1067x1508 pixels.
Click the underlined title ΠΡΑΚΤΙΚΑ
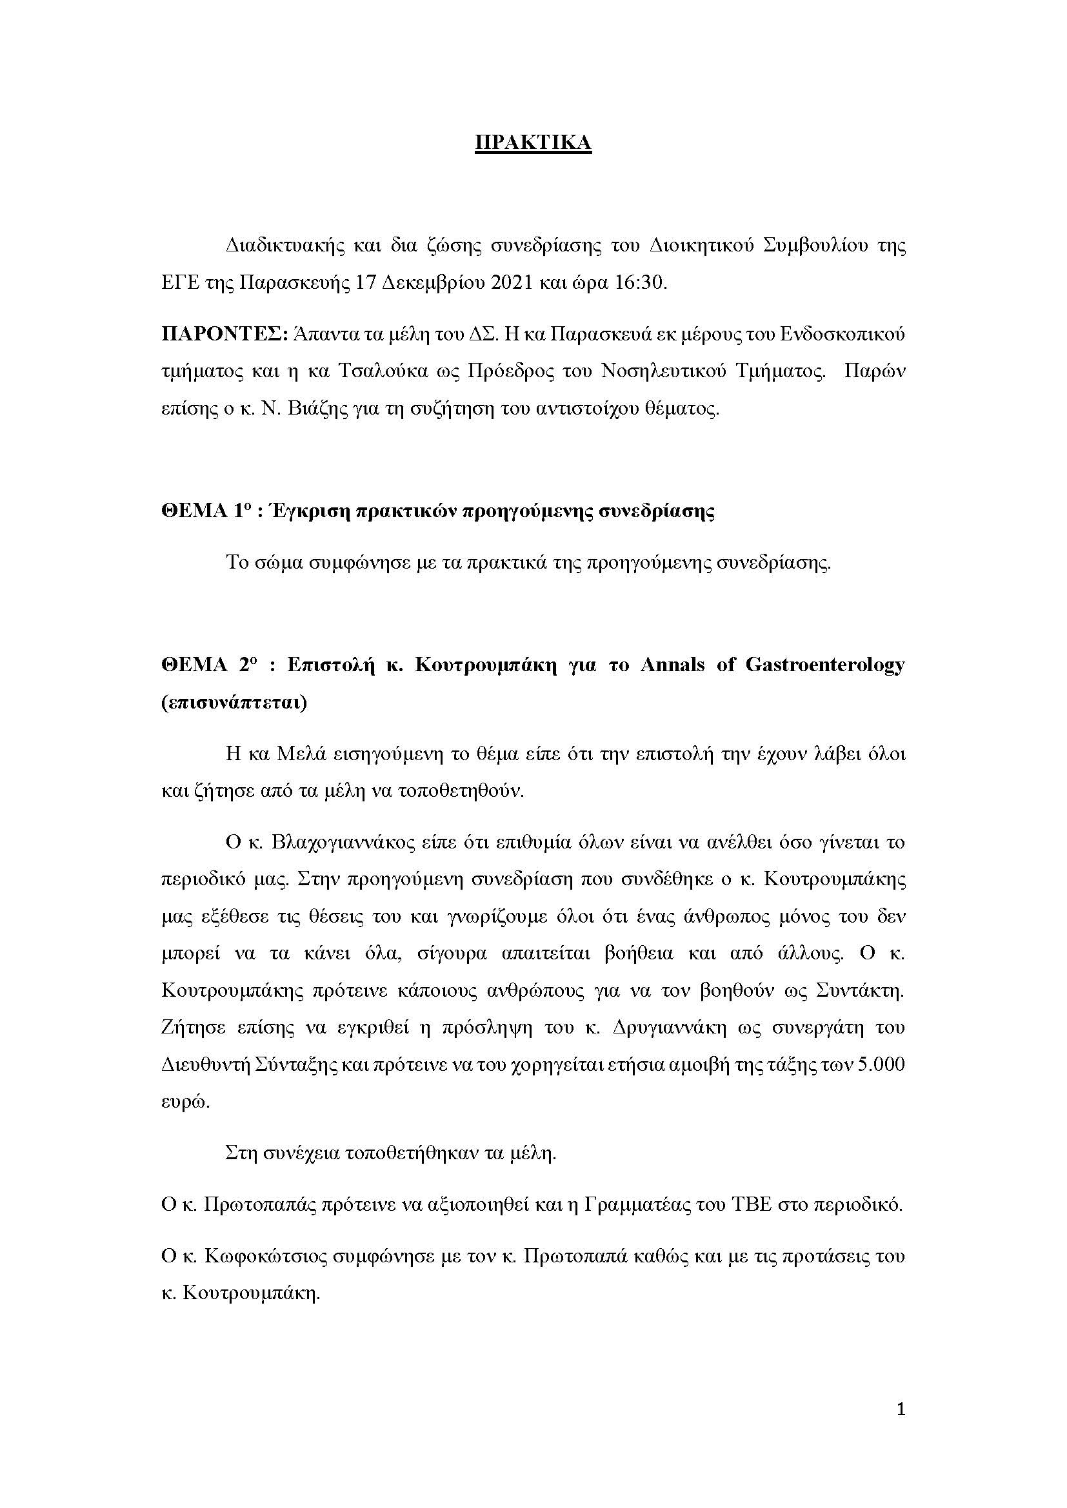click(533, 142)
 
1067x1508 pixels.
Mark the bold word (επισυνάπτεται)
click(234, 703)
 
